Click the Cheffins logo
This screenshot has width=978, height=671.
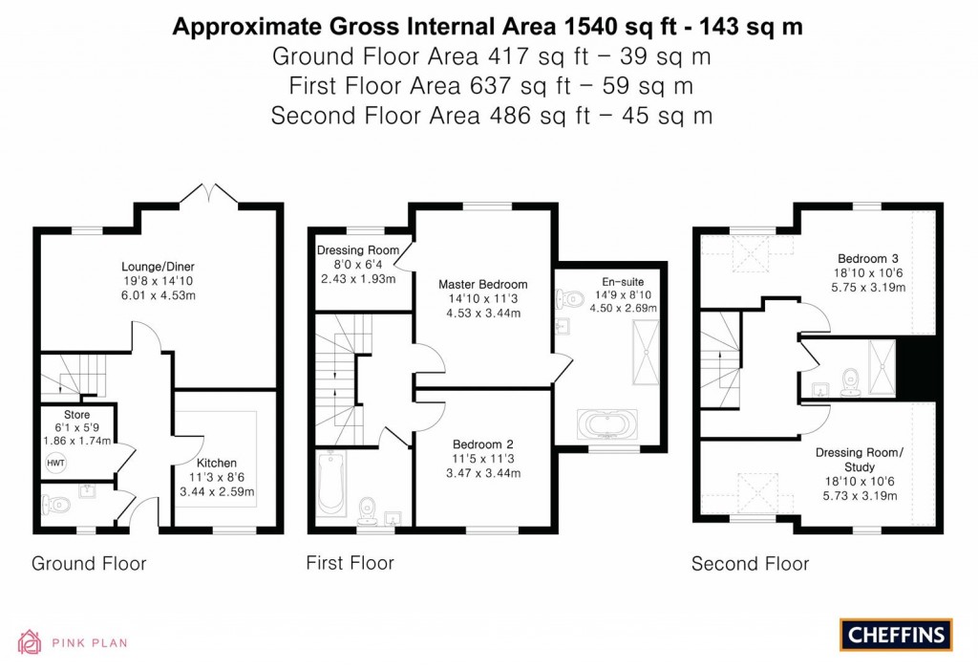895,634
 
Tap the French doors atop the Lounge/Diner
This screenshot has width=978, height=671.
207,193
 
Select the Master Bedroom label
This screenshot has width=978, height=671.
482,284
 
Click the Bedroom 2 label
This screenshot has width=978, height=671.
482,444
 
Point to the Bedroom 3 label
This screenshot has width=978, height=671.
867,259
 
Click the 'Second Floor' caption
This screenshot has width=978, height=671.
750,564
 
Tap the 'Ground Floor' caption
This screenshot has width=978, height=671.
89,563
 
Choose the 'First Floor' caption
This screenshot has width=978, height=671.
350,562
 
